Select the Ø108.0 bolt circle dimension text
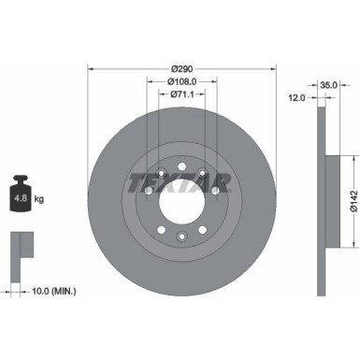[x=181, y=81]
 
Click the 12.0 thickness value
[x=296, y=96]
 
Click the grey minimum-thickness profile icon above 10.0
[x=20, y=249]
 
